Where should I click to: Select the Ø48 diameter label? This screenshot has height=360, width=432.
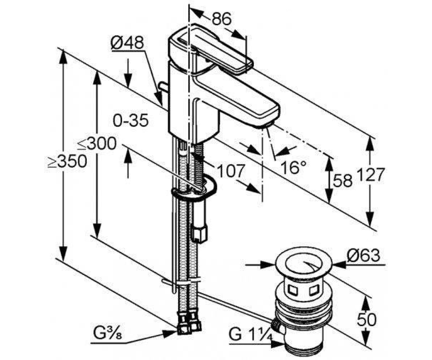(x=127, y=43)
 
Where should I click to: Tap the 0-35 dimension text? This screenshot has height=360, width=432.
(x=131, y=120)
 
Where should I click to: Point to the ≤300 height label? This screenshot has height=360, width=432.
(x=96, y=143)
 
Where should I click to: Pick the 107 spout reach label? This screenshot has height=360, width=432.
(x=230, y=171)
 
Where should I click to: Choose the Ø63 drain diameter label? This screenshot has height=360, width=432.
(x=364, y=255)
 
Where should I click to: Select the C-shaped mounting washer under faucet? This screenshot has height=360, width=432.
(x=194, y=188)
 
